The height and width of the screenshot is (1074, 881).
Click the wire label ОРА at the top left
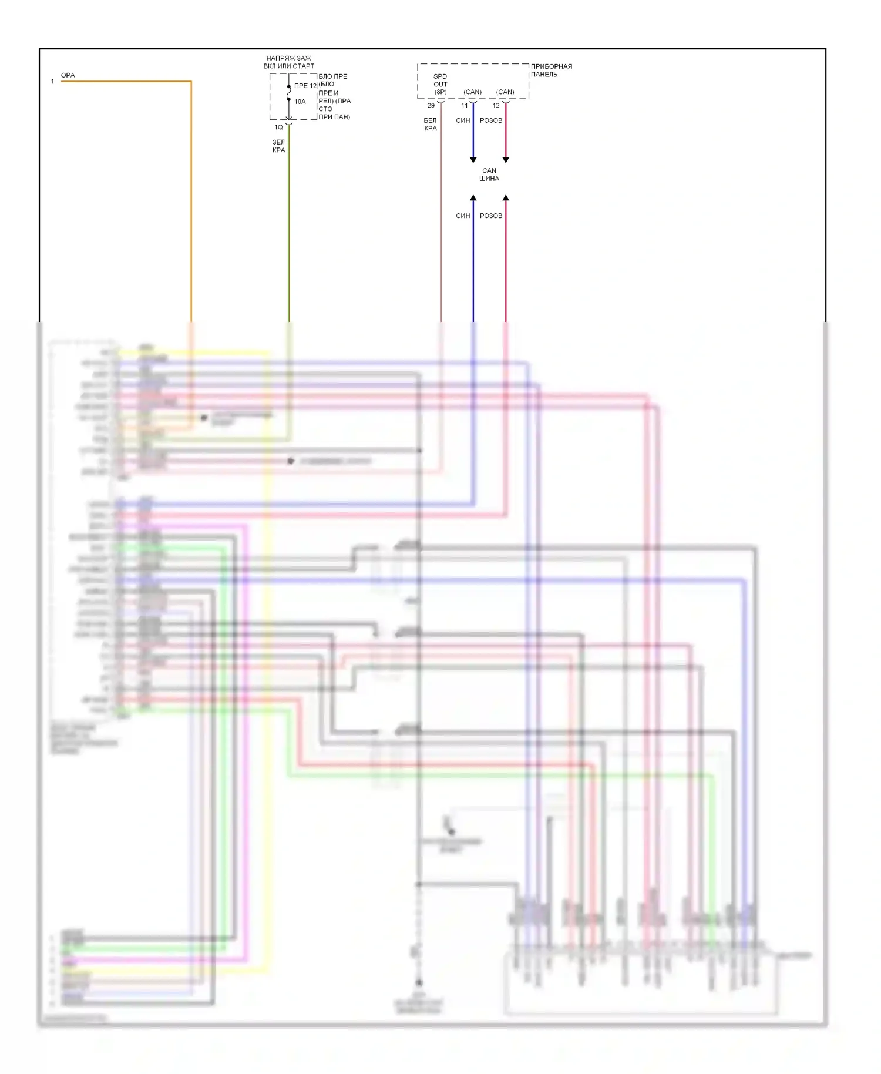click(68, 75)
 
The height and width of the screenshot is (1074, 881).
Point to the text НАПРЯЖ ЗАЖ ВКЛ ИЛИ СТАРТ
click(288, 62)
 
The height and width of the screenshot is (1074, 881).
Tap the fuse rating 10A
click(300, 102)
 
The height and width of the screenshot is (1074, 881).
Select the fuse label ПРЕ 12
click(305, 86)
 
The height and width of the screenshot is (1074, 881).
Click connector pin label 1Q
click(278, 127)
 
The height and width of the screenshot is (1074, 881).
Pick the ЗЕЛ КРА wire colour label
click(278, 146)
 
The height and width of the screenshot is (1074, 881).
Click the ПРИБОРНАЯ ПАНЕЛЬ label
click(551, 71)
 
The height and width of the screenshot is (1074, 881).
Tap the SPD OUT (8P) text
click(441, 84)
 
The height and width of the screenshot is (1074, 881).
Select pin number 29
click(431, 106)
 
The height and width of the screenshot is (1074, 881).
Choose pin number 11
click(465, 106)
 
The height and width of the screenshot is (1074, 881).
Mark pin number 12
click(496, 106)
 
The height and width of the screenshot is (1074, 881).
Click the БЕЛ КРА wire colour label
click(431, 125)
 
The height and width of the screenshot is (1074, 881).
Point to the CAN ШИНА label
click(489, 174)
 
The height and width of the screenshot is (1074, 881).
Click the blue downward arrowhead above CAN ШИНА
click(473, 160)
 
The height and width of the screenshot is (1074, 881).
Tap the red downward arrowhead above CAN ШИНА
click(506, 160)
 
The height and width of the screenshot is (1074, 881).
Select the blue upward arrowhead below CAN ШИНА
click(473, 198)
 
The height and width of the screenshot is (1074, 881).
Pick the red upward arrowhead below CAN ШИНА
click(506, 198)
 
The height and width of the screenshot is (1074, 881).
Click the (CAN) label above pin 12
click(505, 92)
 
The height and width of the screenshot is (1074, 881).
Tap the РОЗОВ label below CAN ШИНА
click(491, 216)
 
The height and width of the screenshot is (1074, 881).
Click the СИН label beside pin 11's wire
click(463, 120)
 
